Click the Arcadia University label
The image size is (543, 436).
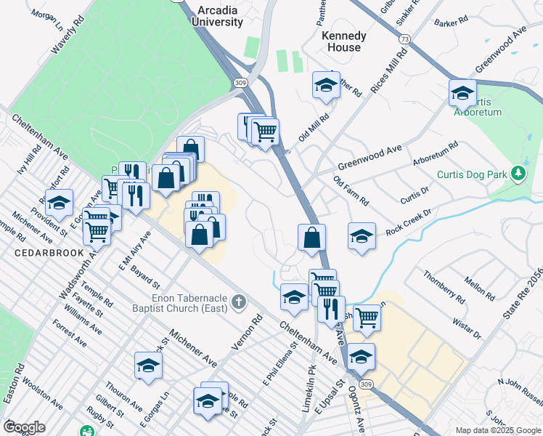pyautogui.click(x=218, y=16)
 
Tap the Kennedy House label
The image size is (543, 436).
pyautogui.click(x=343, y=41)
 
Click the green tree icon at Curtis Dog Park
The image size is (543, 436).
pyautogui.click(x=518, y=173)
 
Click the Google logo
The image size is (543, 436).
pyautogui.click(x=24, y=427)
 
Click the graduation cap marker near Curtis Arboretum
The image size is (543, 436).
pyautogui.click(x=462, y=92)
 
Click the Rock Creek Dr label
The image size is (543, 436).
pyautogui.click(x=409, y=219)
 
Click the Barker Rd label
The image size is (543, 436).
pyautogui.click(x=452, y=23)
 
